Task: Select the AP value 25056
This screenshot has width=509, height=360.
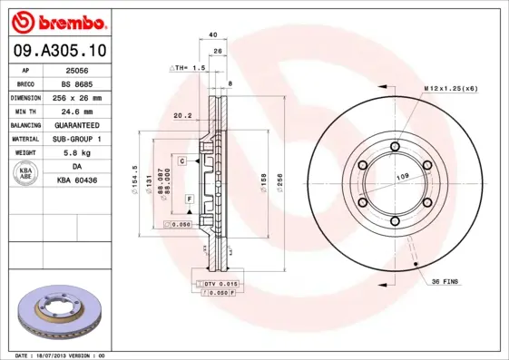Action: point(77,69)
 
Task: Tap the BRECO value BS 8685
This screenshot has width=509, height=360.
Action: point(77,83)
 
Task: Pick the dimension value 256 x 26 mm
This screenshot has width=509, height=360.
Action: point(77,96)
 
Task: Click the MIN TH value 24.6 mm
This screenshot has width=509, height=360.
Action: point(77,110)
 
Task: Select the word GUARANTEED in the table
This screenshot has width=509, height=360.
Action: point(77,124)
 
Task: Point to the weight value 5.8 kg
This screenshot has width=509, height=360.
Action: point(77,152)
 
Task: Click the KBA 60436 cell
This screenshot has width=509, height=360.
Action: point(77,181)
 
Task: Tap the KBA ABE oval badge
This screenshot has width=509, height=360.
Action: point(24,174)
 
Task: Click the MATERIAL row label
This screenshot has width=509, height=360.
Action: point(24,139)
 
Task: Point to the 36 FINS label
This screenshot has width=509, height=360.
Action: point(445,281)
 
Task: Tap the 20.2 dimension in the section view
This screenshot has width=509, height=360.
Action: point(181,115)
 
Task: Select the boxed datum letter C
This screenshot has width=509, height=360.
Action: point(181,161)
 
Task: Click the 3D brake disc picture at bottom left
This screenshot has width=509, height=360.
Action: point(58,313)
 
